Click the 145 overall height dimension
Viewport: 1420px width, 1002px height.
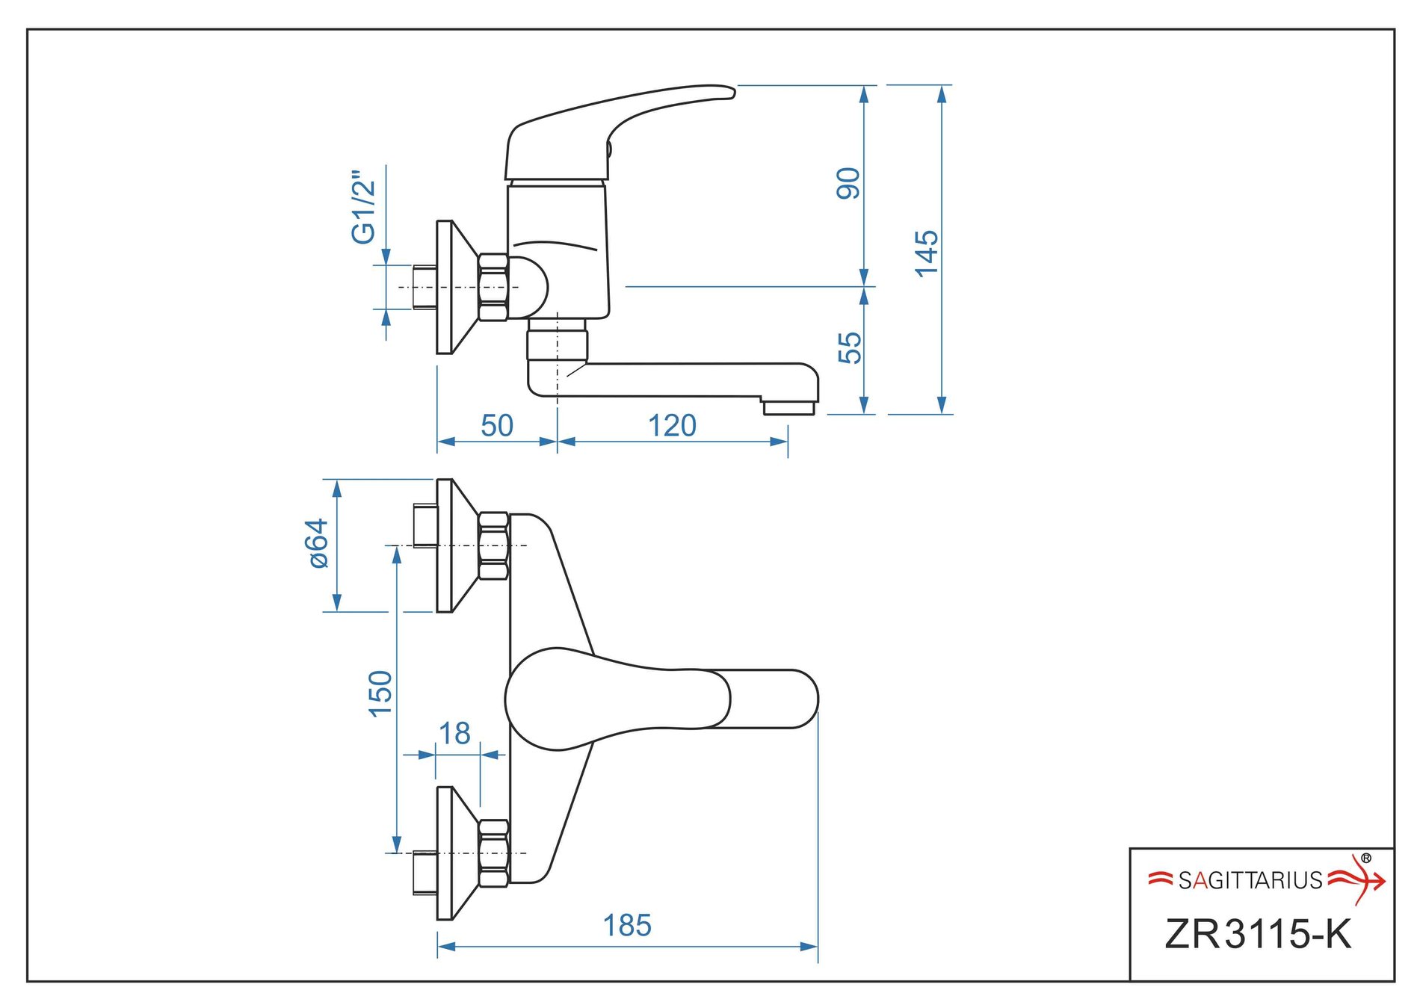tap(927, 253)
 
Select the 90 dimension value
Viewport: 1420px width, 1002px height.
tap(848, 184)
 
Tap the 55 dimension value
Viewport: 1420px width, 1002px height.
tap(850, 348)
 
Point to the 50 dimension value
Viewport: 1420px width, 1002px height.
tap(497, 426)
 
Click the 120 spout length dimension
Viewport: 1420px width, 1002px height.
tap(672, 426)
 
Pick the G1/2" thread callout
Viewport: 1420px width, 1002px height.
tap(364, 207)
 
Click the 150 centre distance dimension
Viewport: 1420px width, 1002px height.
tap(380, 693)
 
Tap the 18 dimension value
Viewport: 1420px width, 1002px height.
tap(454, 734)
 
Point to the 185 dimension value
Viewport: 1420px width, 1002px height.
tap(627, 926)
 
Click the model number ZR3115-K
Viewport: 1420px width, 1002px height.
tap(1259, 934)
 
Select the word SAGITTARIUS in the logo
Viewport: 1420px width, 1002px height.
tap(1250, 881)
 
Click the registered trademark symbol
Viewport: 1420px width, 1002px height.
tap(1366, 859)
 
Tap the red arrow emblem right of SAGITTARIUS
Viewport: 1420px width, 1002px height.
tap(1356, 880)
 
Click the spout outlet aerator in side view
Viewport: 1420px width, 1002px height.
tap(788, 408)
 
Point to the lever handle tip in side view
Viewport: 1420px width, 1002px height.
tap(725, 91)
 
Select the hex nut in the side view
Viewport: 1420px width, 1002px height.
tap(493, 288)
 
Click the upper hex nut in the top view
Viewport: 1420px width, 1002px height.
tap(493, 546)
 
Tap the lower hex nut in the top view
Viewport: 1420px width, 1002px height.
tap(493, 853)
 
